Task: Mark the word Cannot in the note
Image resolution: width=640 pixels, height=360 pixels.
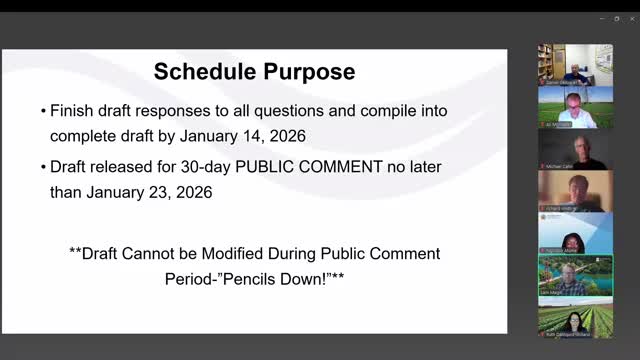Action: click(x=162, y=253)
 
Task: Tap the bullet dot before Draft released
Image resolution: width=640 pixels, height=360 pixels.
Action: click(x=42, y=166)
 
